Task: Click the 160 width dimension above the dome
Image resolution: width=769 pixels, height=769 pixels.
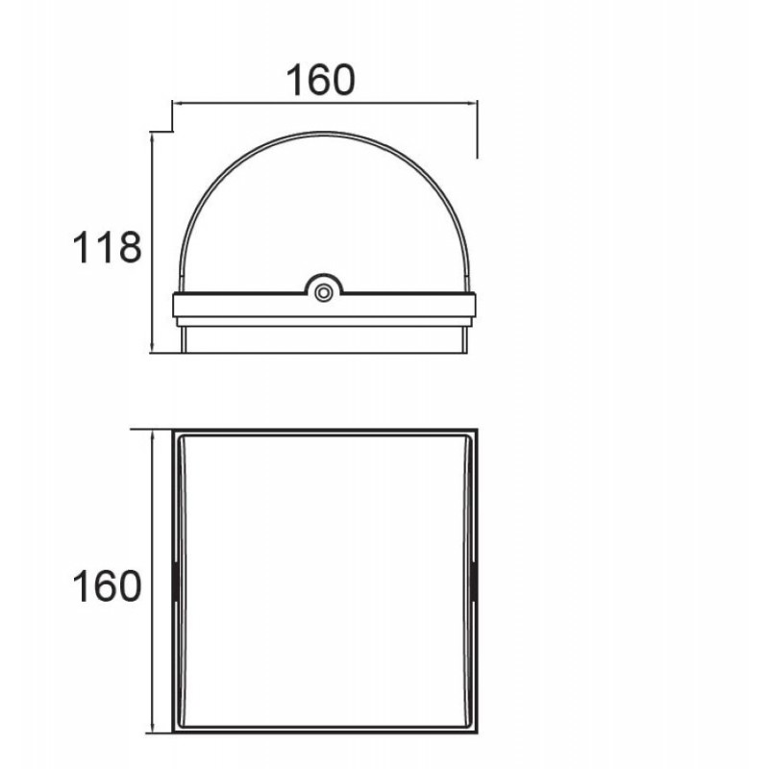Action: point(320,80)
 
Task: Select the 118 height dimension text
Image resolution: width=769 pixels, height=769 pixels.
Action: point(107,248)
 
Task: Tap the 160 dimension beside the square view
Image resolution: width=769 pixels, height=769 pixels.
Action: point(107,586)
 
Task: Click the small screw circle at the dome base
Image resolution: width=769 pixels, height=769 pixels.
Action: point(323,293)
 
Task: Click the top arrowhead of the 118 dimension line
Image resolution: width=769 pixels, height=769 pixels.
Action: point(153,138)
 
